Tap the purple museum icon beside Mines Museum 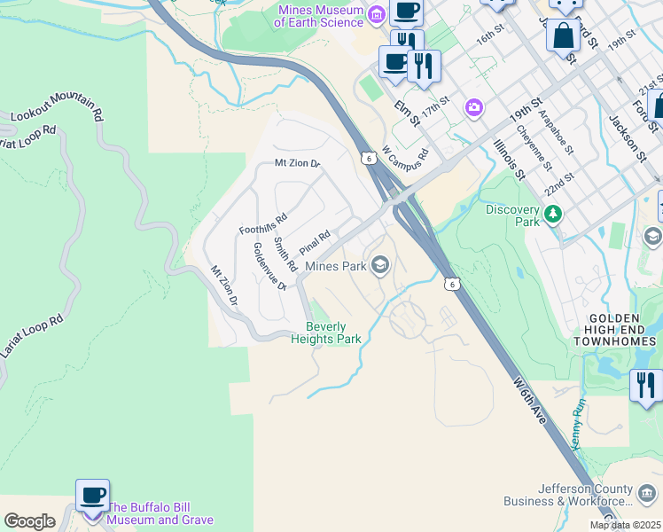tap(376, 14)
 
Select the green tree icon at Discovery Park tap(553, 214)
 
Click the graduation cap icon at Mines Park tap(379, 265)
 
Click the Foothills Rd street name tap(263, 224)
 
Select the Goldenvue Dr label tap(269, 266)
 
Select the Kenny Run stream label tap(580, 424)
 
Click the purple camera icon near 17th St tap(474, 107)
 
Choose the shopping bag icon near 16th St tap(564, 35)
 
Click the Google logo tap(29, 521)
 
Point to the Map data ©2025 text tap(625, 525)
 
